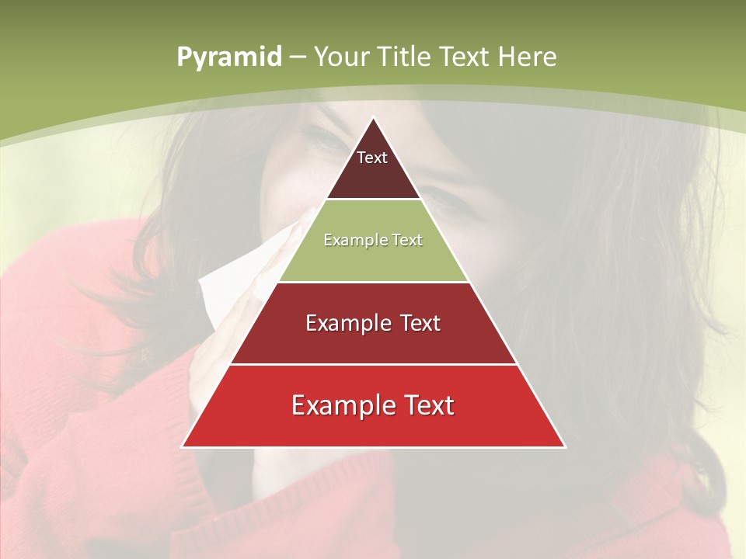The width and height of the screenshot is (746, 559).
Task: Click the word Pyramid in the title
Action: [228, 57]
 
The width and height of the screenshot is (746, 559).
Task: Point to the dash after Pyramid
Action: [297, 57]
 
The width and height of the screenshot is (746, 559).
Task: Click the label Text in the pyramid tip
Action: [372, 158]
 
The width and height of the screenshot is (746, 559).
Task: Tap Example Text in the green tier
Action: [373, 240]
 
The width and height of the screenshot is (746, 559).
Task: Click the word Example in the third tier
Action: [342, 323]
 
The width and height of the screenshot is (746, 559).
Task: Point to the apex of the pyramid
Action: [373, 119]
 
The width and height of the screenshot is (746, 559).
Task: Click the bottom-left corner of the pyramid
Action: [183, 446]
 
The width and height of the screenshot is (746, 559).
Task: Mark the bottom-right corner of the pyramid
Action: [564, 446]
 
